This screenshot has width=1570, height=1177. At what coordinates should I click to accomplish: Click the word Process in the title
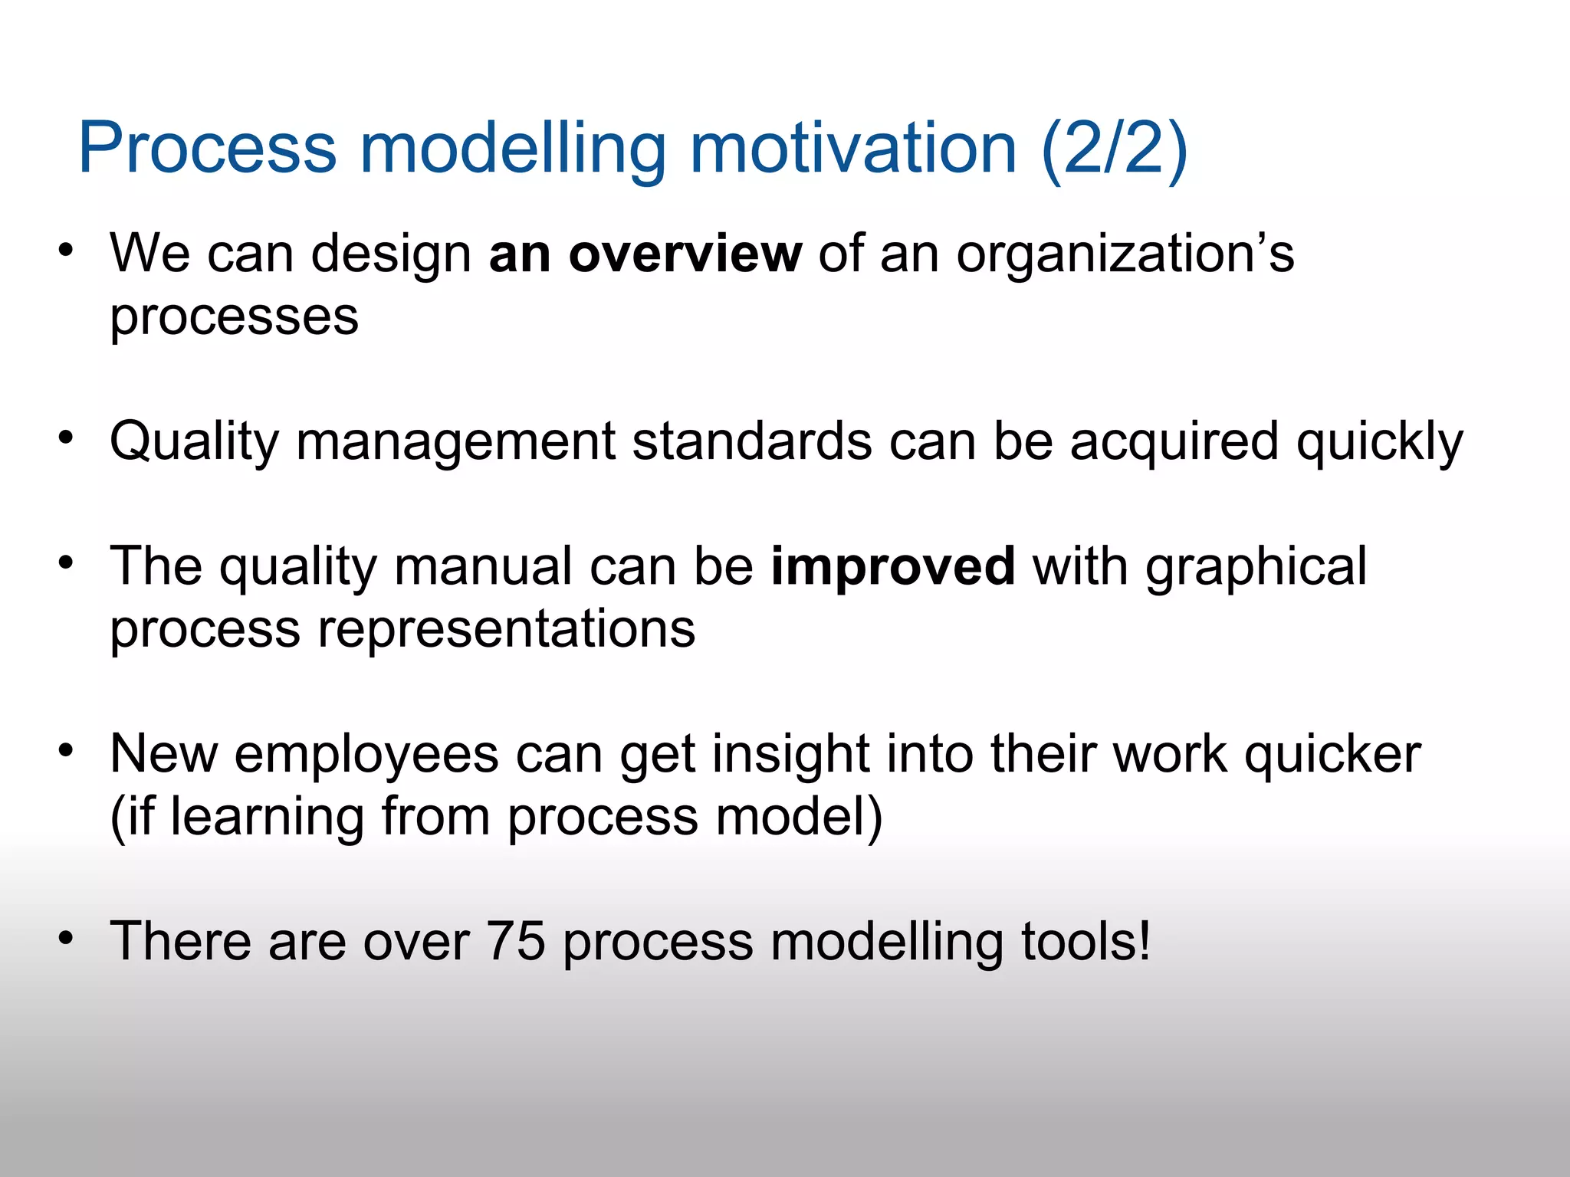point(208,149)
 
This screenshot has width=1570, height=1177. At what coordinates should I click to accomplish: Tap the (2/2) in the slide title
point(1115,149)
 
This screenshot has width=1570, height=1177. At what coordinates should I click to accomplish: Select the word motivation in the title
point(852,149)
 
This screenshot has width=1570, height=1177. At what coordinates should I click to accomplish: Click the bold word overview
point(685,254)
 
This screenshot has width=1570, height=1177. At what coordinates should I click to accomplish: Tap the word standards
point(752,441)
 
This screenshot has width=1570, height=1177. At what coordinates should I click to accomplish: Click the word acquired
point(1174,443)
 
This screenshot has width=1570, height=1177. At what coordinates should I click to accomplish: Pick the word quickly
point(1379,443)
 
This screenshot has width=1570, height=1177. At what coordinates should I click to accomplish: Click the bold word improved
point(893,567)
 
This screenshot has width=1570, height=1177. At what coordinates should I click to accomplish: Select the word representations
point(506,630)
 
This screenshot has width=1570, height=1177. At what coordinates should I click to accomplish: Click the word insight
point(790,755)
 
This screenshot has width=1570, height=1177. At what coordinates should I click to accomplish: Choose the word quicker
point(1332,755)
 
